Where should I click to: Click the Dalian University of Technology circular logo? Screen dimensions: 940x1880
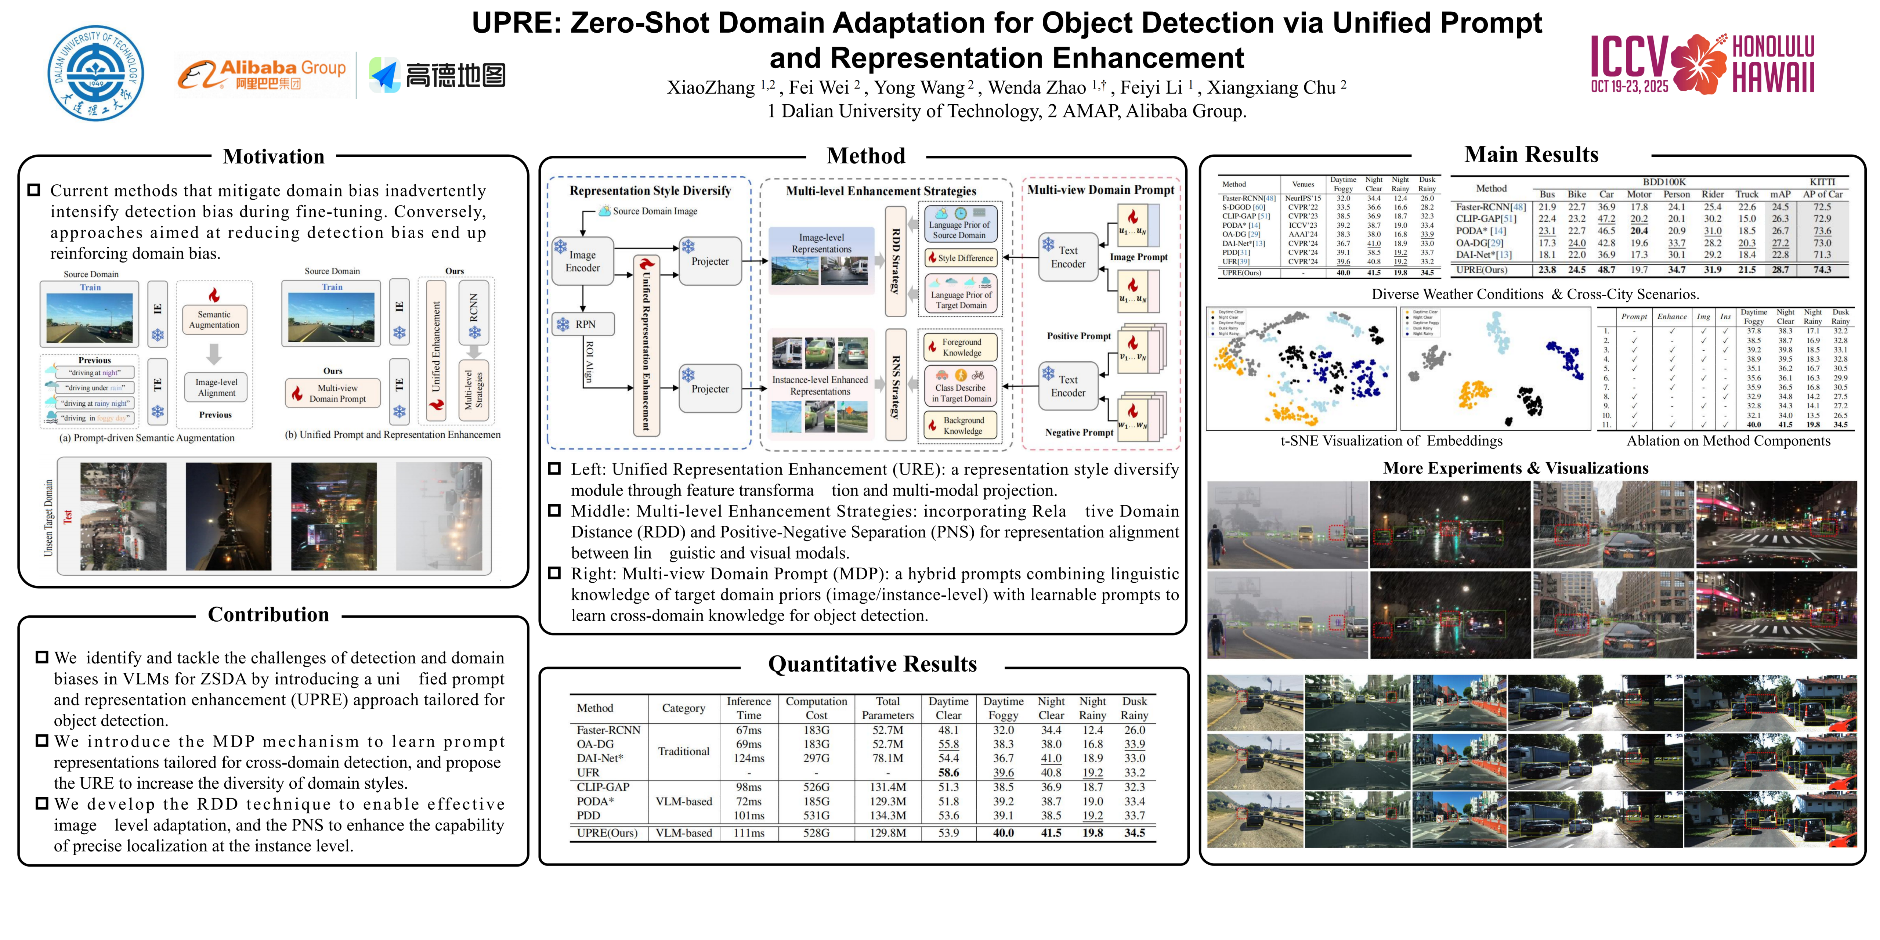(x=95, y=73)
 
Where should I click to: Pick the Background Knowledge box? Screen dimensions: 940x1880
(x=962, y=426)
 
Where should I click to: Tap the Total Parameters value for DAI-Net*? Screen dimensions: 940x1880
(x=887, y=758)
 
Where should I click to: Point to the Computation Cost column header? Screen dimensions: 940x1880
(x=816, y=708)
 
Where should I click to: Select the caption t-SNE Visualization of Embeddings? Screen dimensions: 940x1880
(x=1391, y=441)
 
